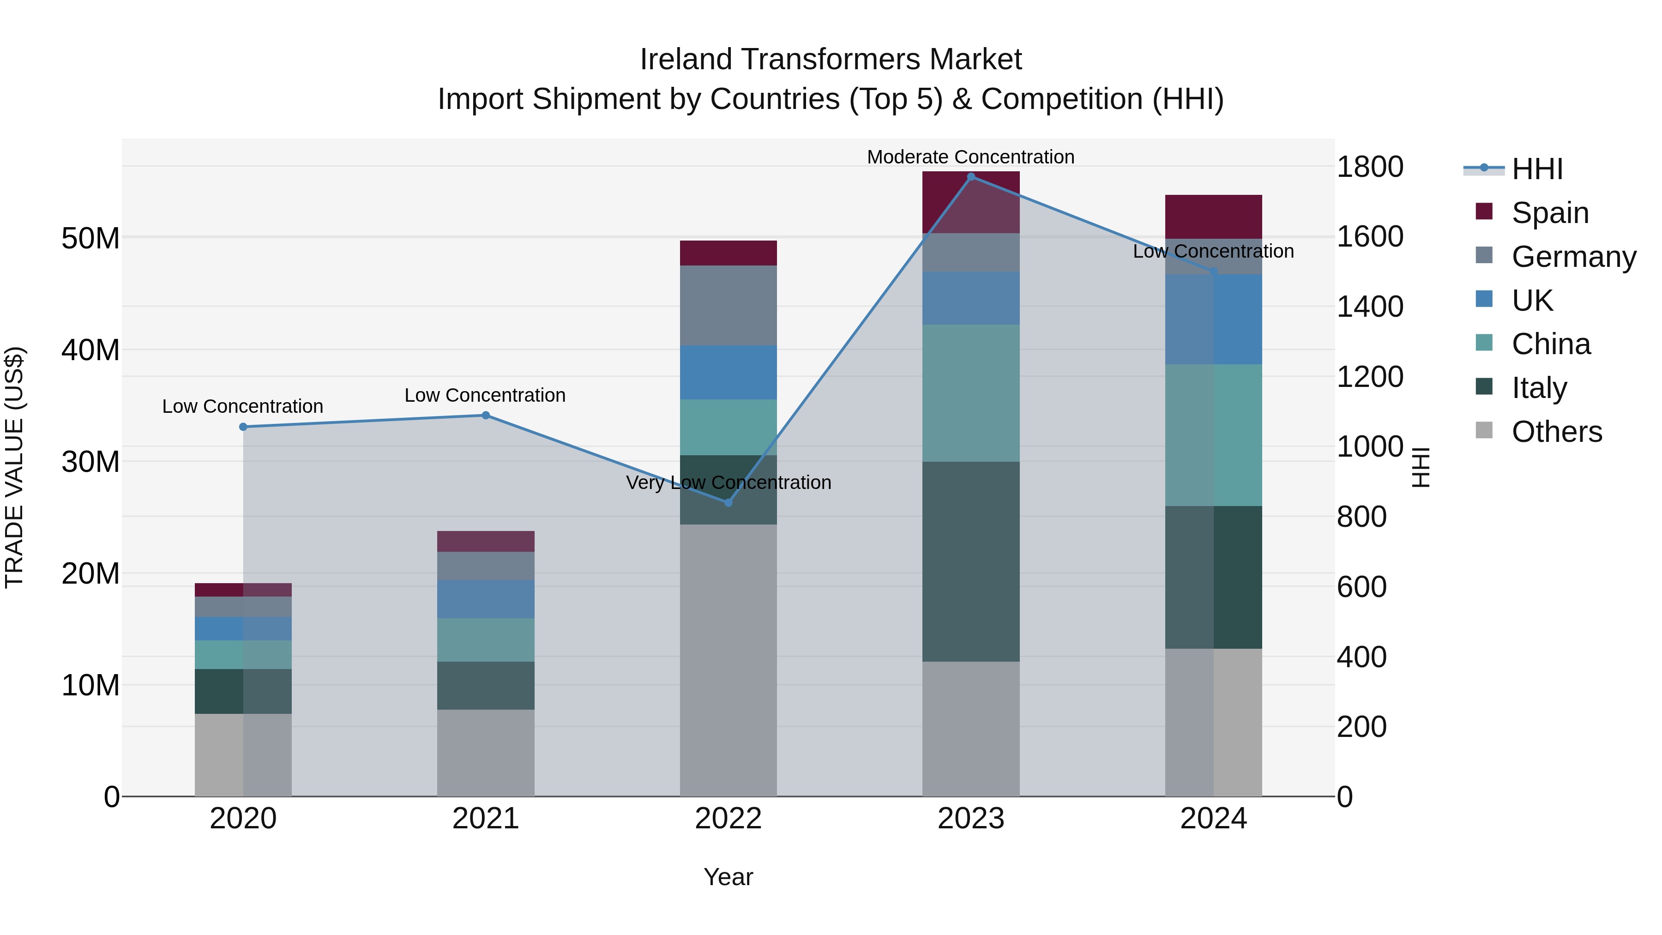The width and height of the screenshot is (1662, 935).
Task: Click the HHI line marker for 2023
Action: [x=971, y=177]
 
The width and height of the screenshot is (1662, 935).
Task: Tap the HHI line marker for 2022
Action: [x=729, y=503]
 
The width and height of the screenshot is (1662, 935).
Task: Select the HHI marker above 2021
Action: [x=486, y=416]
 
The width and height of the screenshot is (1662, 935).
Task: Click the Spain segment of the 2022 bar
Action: [x=729, y=253]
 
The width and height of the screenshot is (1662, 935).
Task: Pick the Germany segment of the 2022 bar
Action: [x=729, y=305]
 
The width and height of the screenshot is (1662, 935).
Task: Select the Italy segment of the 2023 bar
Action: [x=971, y=561]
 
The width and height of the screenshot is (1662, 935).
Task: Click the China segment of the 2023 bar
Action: [x=971, y=393]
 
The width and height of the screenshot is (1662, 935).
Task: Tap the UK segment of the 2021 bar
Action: [x=486, y=599]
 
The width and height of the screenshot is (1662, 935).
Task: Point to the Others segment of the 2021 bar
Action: [x=486, y=753]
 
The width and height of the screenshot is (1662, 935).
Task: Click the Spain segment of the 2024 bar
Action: [x=1214, y=217]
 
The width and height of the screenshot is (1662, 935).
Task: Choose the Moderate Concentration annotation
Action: [x=970, y=157]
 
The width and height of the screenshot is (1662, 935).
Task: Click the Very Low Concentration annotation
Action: [x=729, y=483]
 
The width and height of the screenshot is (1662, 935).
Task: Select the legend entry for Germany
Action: [x=1574, y=257]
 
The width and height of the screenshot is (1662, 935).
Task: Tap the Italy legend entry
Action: [x=1539, y=388]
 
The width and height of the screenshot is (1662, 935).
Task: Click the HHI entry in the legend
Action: [x=1537, y=169]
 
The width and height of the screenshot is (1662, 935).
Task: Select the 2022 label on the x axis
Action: [x=729, y=819]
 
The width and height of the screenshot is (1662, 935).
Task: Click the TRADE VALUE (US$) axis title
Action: [x=15, y=467]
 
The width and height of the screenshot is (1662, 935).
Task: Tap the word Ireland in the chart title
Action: [x=685, y=60]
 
